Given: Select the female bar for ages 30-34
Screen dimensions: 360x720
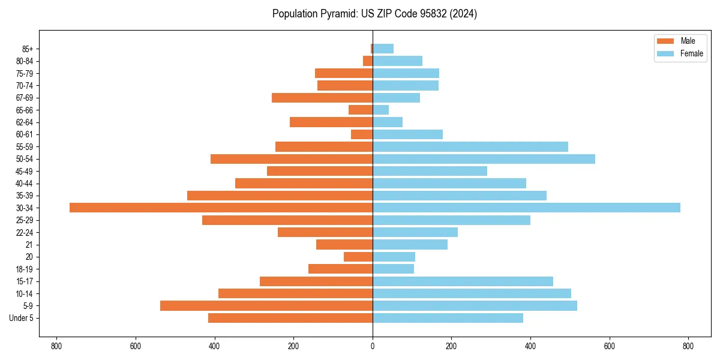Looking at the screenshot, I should coord(526,208).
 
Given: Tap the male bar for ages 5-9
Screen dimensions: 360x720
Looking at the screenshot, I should coord(266,305).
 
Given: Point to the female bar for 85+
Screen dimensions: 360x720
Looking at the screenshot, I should coord(383,49).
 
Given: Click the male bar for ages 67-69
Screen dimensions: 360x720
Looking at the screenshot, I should coord(322,98).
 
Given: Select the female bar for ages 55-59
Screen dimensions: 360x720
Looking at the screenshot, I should coord(470,146).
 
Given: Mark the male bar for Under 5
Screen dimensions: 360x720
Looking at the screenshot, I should coord(290,318).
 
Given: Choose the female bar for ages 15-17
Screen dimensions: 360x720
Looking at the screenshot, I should coord(463,281).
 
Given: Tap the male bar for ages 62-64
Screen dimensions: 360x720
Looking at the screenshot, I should coord(331,122).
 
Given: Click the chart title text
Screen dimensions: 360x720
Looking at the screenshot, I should coord(374,14).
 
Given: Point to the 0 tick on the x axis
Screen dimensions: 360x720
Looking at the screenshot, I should coord(373,346).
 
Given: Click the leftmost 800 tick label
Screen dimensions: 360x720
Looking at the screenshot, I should coord(56,346).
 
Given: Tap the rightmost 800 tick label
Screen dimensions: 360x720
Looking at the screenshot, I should coord(688,346).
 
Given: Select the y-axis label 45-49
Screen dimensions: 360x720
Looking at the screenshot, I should coord(25,171).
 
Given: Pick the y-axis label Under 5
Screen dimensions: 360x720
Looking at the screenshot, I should coord(22,318).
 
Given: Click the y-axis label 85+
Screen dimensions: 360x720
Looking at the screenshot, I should coord(28,49).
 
